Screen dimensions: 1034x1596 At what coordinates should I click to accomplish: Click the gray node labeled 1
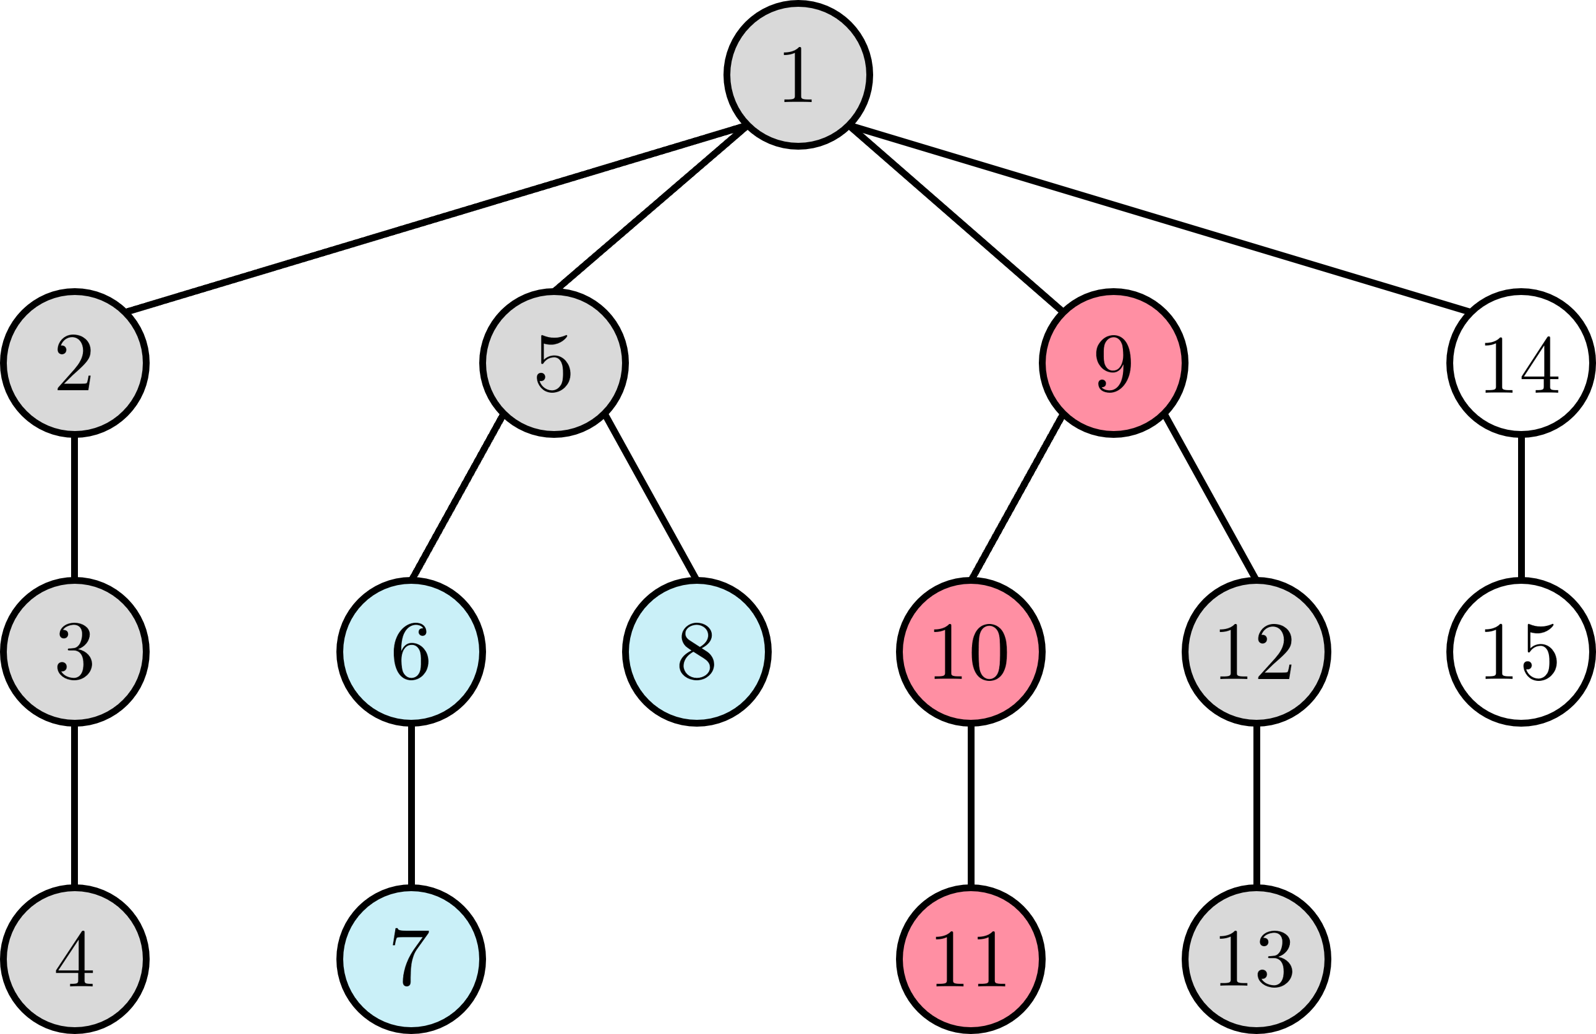click(798, 74)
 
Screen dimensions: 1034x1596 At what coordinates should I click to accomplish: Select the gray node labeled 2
click(74, 363)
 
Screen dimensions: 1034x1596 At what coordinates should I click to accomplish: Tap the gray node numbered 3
click(74, 652)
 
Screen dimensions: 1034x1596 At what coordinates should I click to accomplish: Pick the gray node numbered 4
click(74, 959)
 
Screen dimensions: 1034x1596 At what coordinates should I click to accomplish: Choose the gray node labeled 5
click(554, 363)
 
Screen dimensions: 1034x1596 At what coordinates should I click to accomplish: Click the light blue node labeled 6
click(411, 652)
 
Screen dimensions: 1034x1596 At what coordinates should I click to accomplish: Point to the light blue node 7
click(411, 959)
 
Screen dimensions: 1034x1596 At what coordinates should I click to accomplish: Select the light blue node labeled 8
click(697, 652)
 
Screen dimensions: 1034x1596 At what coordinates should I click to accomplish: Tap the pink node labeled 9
click(1113, 363)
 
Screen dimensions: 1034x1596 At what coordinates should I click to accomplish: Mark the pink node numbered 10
click(970, 652)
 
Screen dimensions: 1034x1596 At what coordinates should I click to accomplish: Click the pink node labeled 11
click(970, 959)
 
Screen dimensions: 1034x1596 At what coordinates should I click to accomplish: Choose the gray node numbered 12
click(1256, 652)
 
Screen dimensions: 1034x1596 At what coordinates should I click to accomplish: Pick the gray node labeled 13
click(1256, 959)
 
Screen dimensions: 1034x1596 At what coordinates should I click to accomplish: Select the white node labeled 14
click(1521, 363)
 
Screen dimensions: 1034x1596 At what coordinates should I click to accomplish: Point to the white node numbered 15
click(1521, 652)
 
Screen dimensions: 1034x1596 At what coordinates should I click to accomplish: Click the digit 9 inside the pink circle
click(1113, 364)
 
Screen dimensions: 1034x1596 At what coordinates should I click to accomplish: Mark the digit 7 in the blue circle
click(411, 957)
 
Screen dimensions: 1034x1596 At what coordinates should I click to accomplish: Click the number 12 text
click(1255, 652)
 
